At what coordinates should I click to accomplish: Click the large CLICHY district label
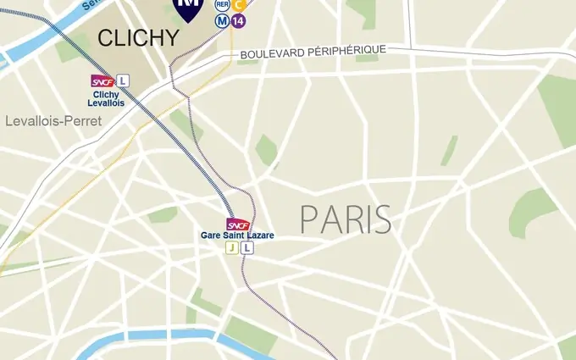click(138, 38)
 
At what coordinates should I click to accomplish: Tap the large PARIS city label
click(346, 220)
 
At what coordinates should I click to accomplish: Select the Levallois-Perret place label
click(53, 121)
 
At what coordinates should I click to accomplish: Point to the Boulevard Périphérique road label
click(313, 53)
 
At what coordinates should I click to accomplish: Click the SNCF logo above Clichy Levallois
click(102, 81)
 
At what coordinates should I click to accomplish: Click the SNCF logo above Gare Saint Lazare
click(238, 224)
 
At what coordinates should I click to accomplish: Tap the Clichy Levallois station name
click(106, 98)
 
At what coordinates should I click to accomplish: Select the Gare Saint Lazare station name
click(237, 235)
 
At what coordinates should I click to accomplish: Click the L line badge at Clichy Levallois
click(124, 81)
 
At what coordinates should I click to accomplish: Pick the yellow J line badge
click(231, 248)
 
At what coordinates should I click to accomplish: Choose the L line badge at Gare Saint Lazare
click(246, 248)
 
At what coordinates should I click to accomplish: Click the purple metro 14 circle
click(238, 20)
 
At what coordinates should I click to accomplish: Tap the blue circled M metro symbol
click(222, 20)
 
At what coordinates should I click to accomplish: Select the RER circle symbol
click(222, 4)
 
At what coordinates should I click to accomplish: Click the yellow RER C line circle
click(239, 4)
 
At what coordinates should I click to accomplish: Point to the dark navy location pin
click(188, 7)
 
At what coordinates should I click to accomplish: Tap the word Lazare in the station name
click(260, 235)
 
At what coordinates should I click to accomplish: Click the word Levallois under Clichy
click(106, 103)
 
